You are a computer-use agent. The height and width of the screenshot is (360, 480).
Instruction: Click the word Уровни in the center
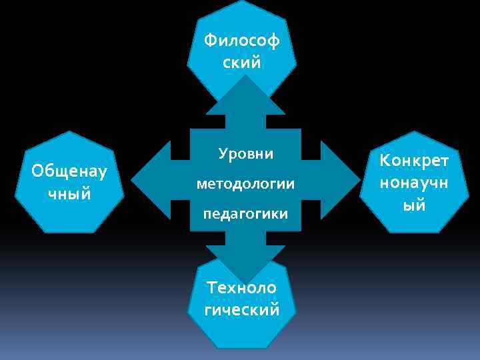[245, 153]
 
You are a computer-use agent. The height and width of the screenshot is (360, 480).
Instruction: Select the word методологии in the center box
[245, 183]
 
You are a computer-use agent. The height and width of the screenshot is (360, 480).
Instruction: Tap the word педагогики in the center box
[245, 214]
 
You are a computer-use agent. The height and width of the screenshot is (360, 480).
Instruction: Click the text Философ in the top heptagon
[242, 41]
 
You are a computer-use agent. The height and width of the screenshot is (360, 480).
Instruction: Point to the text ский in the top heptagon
[242, 63]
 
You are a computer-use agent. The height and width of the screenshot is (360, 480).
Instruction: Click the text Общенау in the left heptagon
[69, 171]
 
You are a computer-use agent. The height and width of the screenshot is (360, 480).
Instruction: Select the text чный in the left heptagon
[69, 194]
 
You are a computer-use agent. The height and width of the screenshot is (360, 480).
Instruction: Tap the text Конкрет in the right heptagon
[415, 160]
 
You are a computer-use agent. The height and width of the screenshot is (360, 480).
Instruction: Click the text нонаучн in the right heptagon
[415, 182]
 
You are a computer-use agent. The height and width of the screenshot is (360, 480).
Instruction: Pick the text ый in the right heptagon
[415, 205]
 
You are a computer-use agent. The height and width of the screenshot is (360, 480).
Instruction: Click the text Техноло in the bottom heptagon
[242, 288]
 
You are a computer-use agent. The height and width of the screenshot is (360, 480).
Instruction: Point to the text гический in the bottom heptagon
[242, 310]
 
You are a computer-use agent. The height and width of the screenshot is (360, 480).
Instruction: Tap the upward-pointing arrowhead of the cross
[245, 93]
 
